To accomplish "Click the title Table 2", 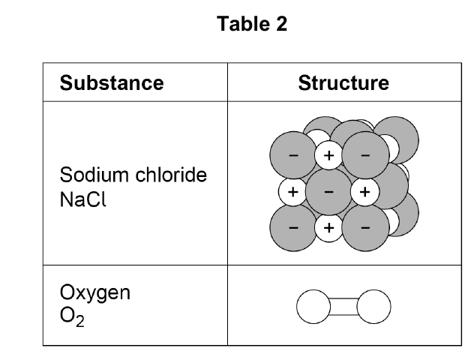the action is [x=252, y=24].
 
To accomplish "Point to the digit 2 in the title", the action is [x=282, y=24].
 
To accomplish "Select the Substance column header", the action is [x=112, y=82].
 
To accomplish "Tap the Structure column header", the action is [x=343, y=82].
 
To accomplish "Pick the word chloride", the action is [x=171, y=174].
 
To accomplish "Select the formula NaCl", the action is [x=82, y=199].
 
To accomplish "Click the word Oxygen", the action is [x=95, y=292].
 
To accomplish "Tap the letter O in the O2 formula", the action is [x=67, y=315].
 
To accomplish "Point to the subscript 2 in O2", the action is [x=79, y=321].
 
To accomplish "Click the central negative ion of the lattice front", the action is [x=328, y=192].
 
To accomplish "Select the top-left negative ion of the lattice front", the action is [x=293, y=154].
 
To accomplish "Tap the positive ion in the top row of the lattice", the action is [x=329, y=155].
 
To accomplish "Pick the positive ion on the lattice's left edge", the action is [x=292, y=192].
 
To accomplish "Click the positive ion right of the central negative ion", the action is [x=364, y=192].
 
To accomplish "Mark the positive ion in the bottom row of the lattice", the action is [x=329, y=228].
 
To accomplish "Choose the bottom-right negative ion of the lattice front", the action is [x=365, y=228].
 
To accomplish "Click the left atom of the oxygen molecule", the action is [x=313, y=307].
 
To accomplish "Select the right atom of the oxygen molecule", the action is [x=373, y=307].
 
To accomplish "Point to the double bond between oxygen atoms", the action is [x=343, y=307].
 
